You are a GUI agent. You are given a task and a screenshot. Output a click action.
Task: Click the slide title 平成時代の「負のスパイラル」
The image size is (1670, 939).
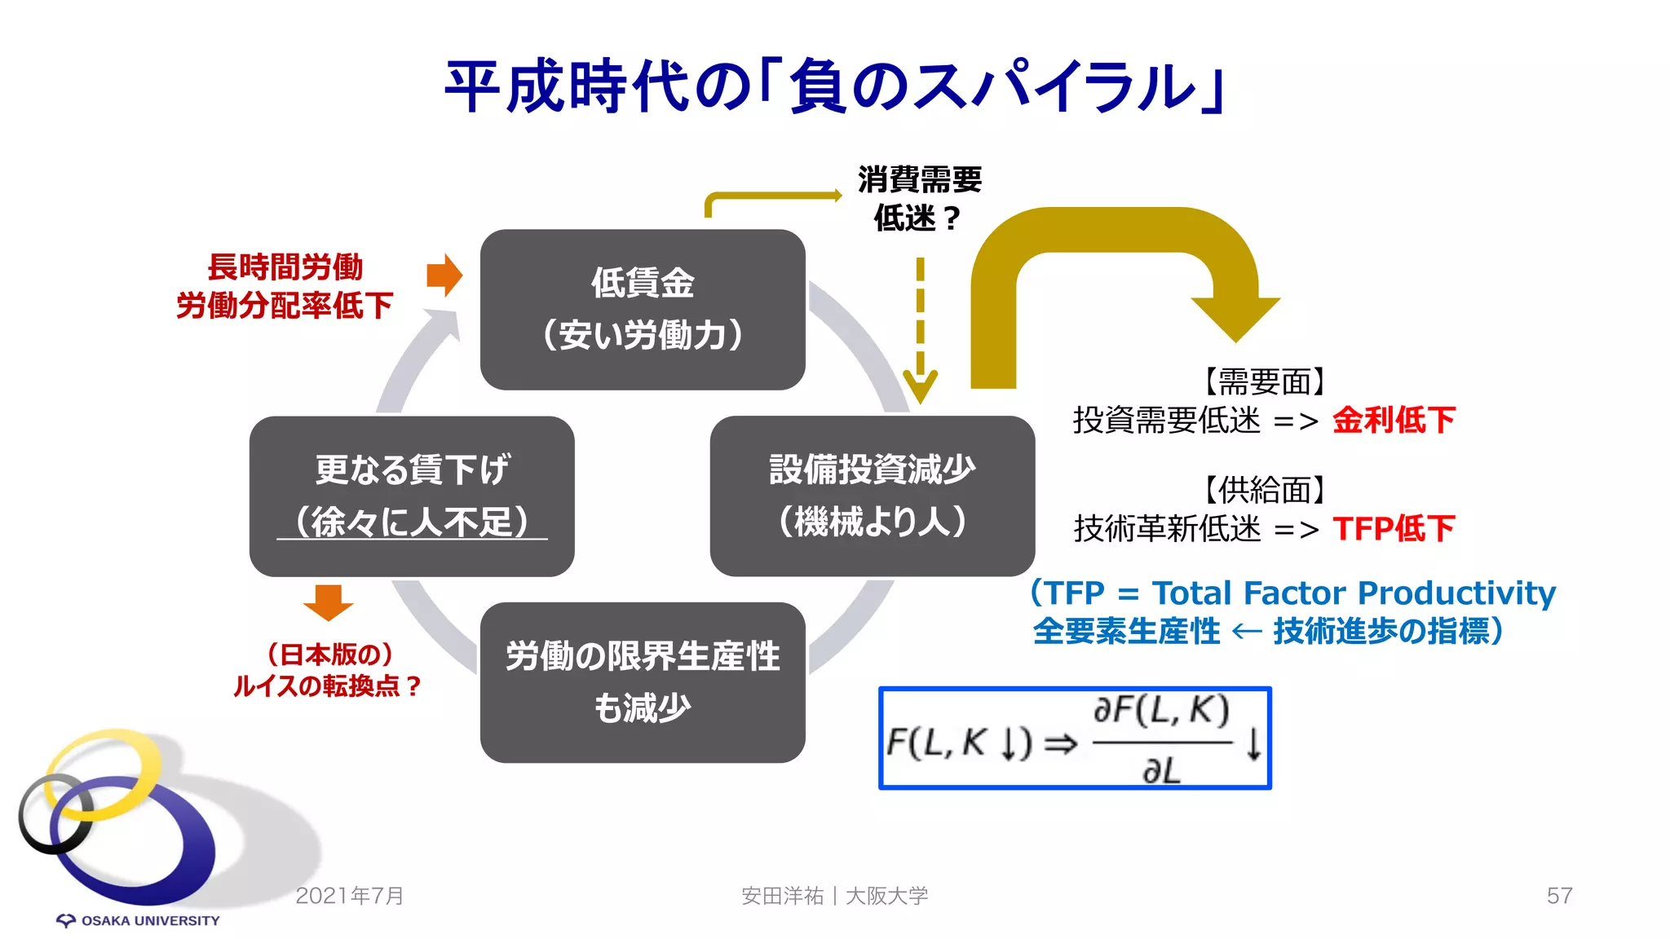pos(835,86)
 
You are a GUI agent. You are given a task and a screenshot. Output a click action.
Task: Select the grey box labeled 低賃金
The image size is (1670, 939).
pos(643,309)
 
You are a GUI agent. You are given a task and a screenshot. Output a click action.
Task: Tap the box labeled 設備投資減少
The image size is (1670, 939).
pos(872,496)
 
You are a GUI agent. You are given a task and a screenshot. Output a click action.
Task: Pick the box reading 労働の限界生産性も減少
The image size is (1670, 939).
pos(643,682)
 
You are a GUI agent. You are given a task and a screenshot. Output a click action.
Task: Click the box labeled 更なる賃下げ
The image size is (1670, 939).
pos(412,496)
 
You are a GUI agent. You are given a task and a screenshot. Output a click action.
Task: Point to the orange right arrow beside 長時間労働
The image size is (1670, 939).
pos(444,276)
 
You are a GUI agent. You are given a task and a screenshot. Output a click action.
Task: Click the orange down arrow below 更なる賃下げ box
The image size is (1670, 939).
pos(328,602)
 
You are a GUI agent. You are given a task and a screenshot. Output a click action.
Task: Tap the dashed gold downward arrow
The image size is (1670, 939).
pos(920,334)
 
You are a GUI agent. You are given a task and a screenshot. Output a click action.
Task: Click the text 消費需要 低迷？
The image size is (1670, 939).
pos(919,198)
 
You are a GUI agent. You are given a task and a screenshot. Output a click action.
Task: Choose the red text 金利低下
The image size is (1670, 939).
pos(1394,421)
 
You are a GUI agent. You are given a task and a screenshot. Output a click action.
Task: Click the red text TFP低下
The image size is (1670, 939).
pos(1394,528)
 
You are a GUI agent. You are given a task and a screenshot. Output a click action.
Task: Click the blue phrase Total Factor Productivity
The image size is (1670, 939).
pos(1354,593)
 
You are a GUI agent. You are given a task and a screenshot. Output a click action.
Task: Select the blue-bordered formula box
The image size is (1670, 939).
pos(1075,738)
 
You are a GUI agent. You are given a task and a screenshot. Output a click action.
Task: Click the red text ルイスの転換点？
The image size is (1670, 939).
pos(327,686)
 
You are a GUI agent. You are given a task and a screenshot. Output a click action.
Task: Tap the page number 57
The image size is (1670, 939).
pos(1558,896)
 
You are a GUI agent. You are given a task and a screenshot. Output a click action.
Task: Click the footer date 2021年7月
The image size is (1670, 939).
pos(350,896)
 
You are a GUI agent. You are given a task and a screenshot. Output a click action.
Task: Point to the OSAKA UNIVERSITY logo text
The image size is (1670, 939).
pos(150,920)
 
